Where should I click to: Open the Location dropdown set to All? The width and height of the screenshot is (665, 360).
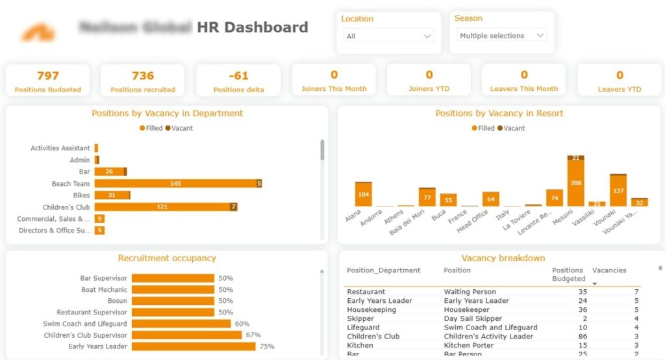click(x=388, y=36)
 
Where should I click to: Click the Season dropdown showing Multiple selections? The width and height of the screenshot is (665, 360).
click(x=501, y=36)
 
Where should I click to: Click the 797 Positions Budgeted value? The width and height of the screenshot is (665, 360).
click(x=48, y=76)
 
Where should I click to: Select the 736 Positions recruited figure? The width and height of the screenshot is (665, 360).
click(x=143, y=76)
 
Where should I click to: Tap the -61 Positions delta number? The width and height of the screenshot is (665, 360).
click(x=238, y=76)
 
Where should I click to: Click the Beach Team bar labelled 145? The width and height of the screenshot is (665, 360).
click(x=175, y=184)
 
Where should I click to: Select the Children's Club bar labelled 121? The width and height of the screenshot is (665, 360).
click(x=162, y=207)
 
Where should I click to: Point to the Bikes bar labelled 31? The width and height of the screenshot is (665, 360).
click(x=111, y=196)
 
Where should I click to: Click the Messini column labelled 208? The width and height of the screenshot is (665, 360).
click(x=575, y=184)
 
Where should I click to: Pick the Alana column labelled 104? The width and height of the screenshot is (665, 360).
click(x=363, y=195)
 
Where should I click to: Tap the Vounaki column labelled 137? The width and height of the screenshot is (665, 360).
click(x=618, y=191)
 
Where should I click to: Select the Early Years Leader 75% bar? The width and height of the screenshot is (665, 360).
click(x=194, y=347)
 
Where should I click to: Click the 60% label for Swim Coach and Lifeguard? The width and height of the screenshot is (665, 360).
click(x=242, y=324)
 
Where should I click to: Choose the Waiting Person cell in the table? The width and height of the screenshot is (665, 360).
click(x=470, y=292)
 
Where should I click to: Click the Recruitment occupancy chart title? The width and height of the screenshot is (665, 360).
click(x=167, y=258)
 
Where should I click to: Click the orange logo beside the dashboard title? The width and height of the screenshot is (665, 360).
click(x=37, y=31)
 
